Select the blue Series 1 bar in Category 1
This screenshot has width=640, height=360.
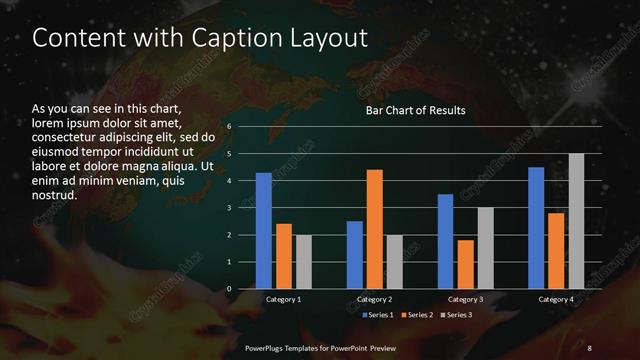coord(263,231)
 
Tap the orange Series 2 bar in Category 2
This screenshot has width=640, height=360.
coord(375,229)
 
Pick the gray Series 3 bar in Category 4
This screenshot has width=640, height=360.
coord(575,221)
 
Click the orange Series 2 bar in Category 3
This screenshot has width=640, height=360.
coord(465,264)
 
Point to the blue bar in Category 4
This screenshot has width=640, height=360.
coord(536,228)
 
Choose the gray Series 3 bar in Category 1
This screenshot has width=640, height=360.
coord(303,262)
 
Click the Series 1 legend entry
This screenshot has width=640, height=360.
coord(377,315)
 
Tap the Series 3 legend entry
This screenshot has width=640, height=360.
coord(456,315)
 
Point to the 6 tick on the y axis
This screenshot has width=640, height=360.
coord(230,127)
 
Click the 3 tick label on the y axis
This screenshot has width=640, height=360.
coord(230,208)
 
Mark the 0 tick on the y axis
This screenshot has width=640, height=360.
coord(230,289)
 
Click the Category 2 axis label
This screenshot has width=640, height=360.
coord(375,299)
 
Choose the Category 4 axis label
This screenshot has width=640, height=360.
coord(556,299)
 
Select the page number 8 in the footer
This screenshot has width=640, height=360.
coord(589,347)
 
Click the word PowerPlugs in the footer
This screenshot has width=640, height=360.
coord(267,347)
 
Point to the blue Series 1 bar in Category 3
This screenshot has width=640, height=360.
coord(445,241)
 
